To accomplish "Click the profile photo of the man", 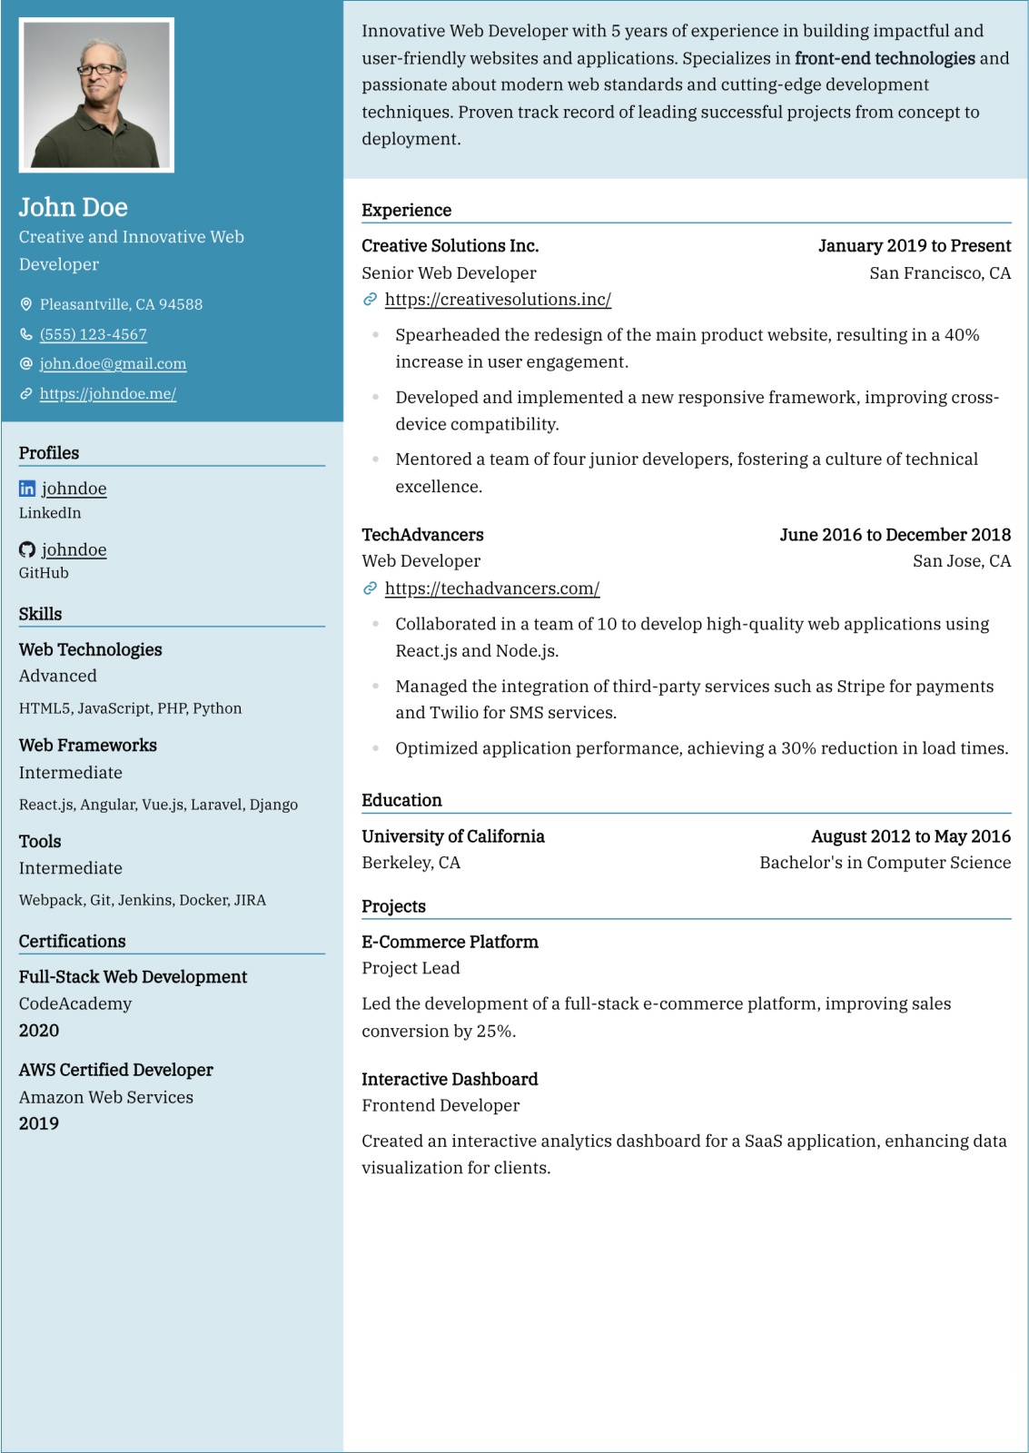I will coord(96,95).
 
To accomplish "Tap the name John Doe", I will coord(74,207).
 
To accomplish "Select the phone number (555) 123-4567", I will coord(94,334).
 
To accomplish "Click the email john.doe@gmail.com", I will coord(113,363).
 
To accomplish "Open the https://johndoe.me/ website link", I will coord(108,393).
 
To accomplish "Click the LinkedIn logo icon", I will coord(27,489).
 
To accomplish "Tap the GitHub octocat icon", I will coord(27,549).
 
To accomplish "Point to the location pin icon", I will coord(26,304).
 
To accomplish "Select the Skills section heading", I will coord(41,614).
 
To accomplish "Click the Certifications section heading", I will coord(73,941).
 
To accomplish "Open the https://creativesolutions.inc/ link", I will coord(498,299).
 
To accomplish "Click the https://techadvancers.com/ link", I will coord(492,588).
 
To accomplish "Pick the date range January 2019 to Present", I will coord(914,245).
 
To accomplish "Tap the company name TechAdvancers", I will coord(422,534).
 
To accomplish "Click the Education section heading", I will coord(401,800).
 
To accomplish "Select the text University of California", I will coord(453,835).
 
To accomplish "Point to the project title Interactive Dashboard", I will coord(450,1079).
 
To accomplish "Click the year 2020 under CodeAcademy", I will coord(39,1030).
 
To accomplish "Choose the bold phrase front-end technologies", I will coord(885,58).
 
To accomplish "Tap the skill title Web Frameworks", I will coord(88,745).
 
